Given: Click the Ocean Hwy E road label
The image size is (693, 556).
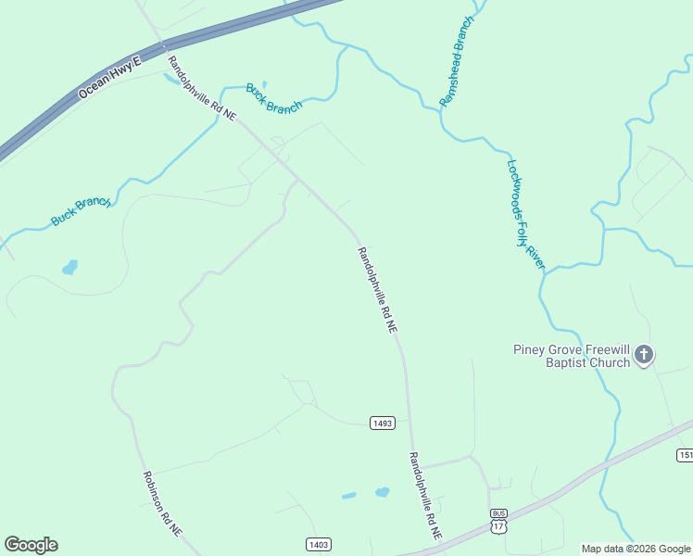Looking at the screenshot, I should point(110,78).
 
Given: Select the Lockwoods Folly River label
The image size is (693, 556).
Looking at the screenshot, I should point(526,214).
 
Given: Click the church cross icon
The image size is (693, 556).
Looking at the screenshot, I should point(644,355).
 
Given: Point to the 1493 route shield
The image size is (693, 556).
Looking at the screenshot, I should point(383,423).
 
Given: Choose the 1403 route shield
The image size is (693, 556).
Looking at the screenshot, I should point(318,544).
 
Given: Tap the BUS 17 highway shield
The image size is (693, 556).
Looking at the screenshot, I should point(499,521).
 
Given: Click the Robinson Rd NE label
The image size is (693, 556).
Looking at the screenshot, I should point(162,503).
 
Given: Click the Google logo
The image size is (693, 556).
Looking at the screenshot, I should point(31,545).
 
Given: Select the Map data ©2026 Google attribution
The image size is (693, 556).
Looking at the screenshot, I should point(636,549).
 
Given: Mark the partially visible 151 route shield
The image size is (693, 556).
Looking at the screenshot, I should point(686,455).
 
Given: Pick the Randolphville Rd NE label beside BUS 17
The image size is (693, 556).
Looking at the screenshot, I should point(425,497).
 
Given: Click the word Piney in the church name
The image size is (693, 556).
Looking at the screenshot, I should point(532,349).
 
